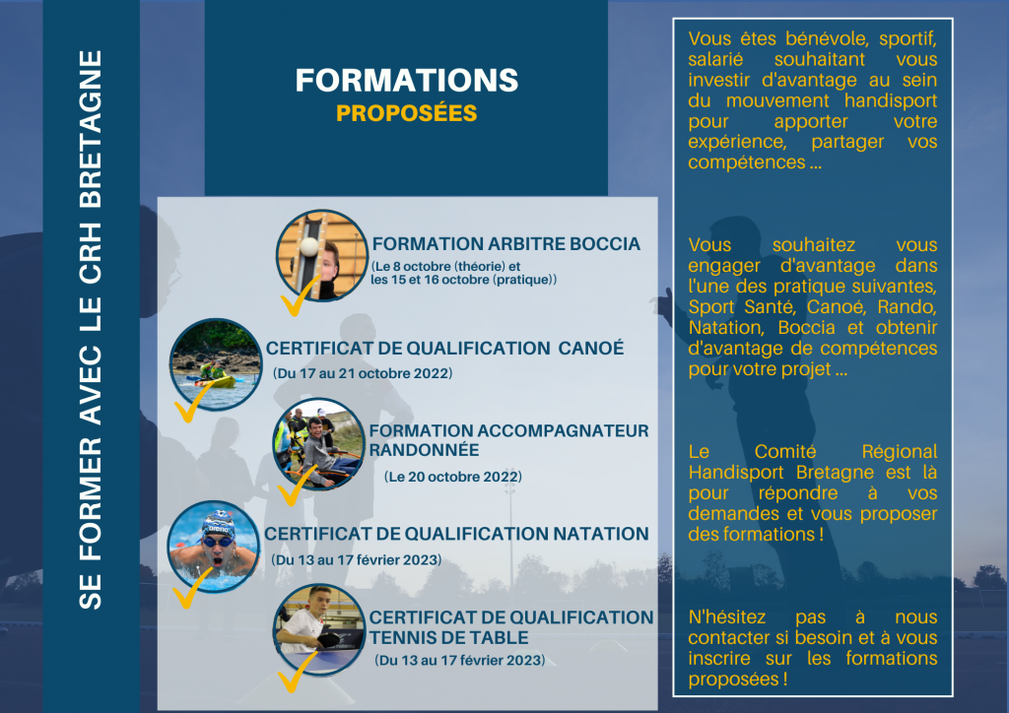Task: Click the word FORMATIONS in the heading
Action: click(x=407, y=81)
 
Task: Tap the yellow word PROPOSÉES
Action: click(x=407, y=113)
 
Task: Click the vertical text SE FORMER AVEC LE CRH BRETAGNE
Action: click(x=90, y=330)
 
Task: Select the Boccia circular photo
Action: click(x=322, y=255)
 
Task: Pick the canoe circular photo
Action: click(x=216, y=364)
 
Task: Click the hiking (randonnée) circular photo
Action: click(x=319, y=444)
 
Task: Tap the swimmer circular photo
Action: click(x=214, y=548)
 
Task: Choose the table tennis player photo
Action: click(x=319, y=629)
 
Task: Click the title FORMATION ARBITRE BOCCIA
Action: click(x=505, y=244)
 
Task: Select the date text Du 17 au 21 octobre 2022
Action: click(x=363, y=373)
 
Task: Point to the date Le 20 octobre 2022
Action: click(x=453, y=477)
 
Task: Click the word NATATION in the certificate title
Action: click(x=601, y=535)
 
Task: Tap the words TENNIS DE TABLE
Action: click(x=448, y=638)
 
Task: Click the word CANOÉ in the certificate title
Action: click(x=591, y=348)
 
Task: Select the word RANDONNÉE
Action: click(x=424, y=450)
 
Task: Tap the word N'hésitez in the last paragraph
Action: click(x=727, y=617)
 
